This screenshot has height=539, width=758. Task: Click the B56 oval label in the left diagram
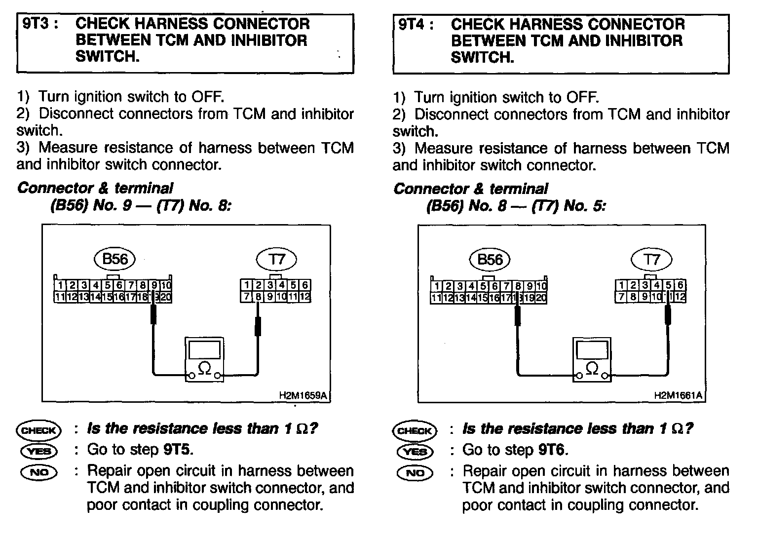[114, 259]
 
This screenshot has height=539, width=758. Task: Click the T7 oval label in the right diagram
[651, 259]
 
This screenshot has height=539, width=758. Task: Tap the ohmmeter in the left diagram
[204, 360]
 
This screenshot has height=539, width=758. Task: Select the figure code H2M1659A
[303, 395]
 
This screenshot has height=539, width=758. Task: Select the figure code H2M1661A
[678, 395]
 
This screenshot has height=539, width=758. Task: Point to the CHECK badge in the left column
[39, 430]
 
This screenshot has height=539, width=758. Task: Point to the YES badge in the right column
[415, 451]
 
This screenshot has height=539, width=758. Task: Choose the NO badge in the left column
[39, 472]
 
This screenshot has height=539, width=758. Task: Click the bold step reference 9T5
[178, 450]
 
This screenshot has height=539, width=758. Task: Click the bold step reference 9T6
[553, 450]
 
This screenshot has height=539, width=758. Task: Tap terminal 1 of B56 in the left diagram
[60, 285]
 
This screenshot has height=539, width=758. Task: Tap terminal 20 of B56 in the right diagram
[541, 298]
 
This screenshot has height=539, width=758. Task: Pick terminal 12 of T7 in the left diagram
[304, 297]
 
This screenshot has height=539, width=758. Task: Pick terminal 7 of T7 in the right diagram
[621, 297]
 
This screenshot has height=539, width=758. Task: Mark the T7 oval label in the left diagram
[277, 259]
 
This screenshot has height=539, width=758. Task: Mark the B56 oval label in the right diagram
[490, 259]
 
